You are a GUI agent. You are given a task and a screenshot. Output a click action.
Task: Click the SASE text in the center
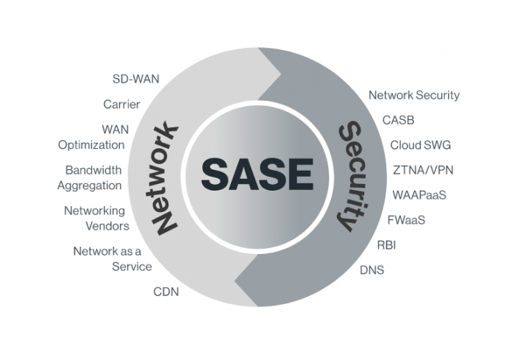(257, 174)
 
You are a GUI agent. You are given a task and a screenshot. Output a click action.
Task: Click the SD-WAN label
(135, 78)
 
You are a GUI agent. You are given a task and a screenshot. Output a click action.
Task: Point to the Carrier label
(121, 104)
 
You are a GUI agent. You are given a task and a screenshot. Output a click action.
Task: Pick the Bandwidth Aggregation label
(90, 177)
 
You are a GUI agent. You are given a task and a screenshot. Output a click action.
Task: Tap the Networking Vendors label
(96, 218)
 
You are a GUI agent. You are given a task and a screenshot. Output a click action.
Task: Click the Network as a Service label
(112, 258)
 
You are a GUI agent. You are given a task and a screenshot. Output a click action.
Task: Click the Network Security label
(413, 95)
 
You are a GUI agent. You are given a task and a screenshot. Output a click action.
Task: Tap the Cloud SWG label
(420, 145)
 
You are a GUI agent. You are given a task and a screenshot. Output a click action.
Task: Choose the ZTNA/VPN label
(423, 170)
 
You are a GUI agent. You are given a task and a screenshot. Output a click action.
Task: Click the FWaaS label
(406, 219)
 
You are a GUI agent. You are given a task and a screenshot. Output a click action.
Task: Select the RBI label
(386, 245)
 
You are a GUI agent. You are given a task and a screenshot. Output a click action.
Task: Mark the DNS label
(371, 270)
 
